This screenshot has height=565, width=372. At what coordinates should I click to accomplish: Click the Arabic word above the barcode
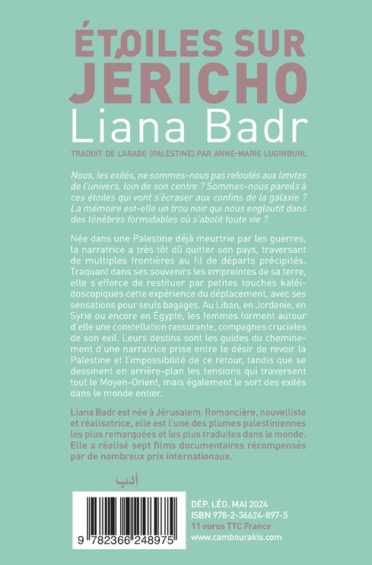tap(123, 480)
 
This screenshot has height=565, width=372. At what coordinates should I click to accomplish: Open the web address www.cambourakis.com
tap(237, 536)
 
